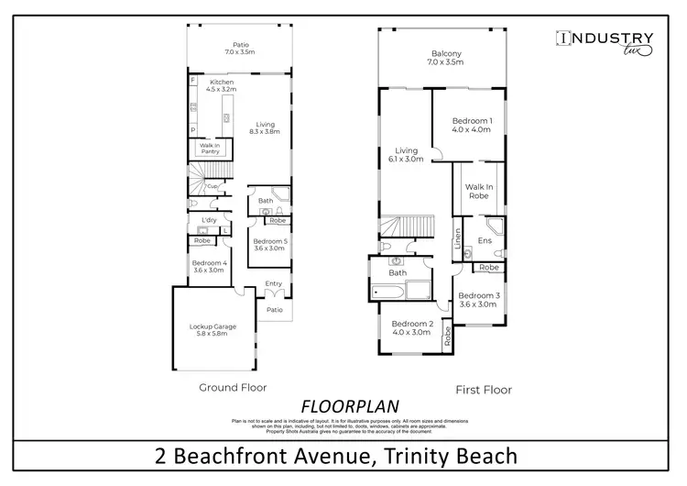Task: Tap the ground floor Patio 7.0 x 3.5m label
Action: (x=240, y=49)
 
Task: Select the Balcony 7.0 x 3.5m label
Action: (x=446, y=58)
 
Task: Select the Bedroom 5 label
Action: (x=270, y=245)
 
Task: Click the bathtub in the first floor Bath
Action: (x=389, y=293)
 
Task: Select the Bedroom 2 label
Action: (x=410, y=328)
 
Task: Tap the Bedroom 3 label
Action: (x=477, y=300)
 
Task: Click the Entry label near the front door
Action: (x=274, y=284)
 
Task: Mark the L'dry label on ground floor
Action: (x=208, y=220)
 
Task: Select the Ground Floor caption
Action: (x=233, y=388)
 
